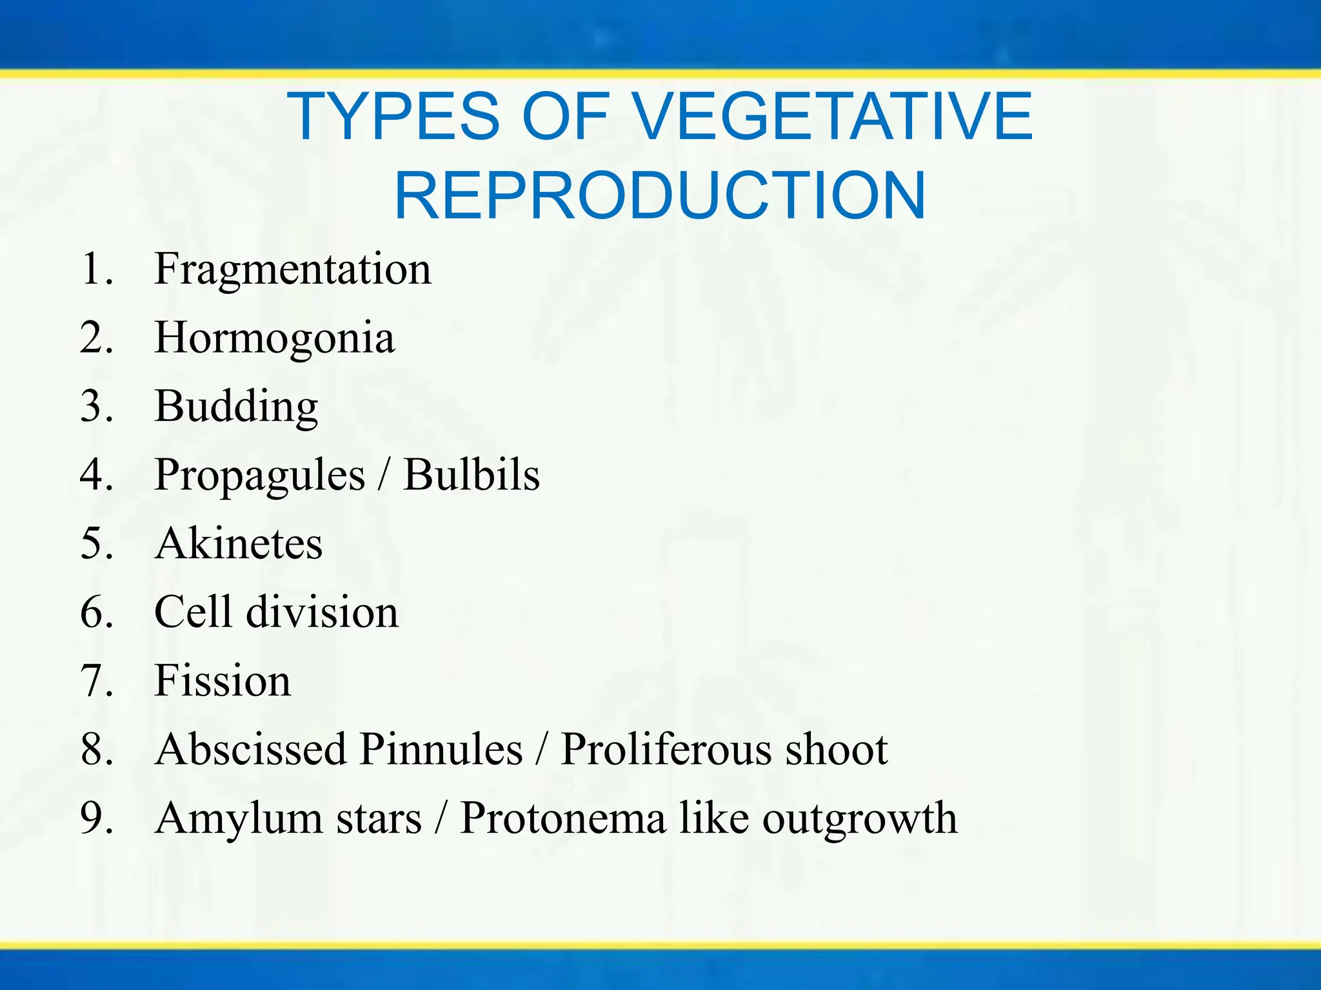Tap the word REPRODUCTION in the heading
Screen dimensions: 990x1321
[x=660, y=195]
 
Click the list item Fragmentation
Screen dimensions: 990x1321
[x=292, y=269]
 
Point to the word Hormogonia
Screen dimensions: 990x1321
[x=274, y=338]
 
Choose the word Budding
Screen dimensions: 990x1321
[x=236, y=407]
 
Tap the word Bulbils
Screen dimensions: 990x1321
[x=471, y=476]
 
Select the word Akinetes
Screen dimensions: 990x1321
[x=239, y=544]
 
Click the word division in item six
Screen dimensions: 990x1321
[x=323, y=612]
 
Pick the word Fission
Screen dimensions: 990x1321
[x=223, y=681]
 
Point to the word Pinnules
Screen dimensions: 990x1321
[x=441, y=750]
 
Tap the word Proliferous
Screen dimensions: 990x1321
[x=665, y=750]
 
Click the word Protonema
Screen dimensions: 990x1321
[x=562, y=819]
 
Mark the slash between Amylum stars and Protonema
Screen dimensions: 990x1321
[x=441, y=819]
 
